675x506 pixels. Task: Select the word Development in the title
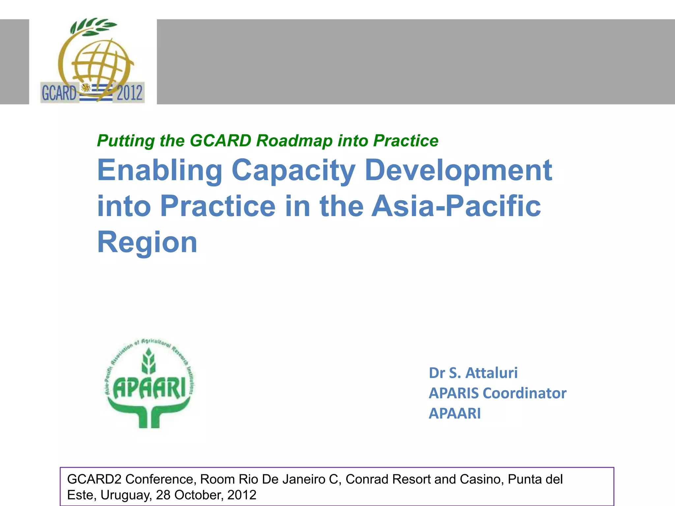[x=458, y=171]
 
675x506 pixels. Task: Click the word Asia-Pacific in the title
[x=456, y=206]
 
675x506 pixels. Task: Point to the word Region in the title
[x=147, y=242]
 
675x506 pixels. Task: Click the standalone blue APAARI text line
[x=455, y=413]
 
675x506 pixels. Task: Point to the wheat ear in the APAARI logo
[x=149, y=362]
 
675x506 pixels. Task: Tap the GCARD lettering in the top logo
[x=59, y=93]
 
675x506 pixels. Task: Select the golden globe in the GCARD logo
[x=101, y=64]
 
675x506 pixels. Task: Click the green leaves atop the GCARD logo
[x=94, y=26]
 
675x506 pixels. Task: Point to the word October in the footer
[x=198, y=495]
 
